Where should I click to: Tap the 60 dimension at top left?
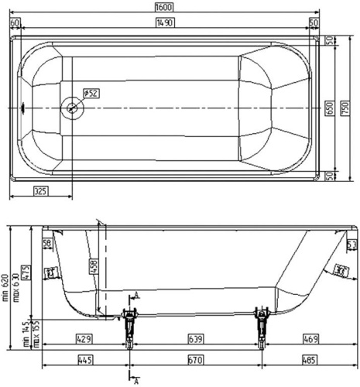pos(15,22)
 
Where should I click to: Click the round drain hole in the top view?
pos(74,108)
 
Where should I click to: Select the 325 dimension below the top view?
pos(42,190)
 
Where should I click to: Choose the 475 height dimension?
pos(26,272)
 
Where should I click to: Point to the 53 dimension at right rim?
pos(351,245)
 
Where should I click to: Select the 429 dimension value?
pos(84,339)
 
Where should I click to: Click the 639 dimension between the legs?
pos(196,339)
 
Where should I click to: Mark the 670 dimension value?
pos(196,360)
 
